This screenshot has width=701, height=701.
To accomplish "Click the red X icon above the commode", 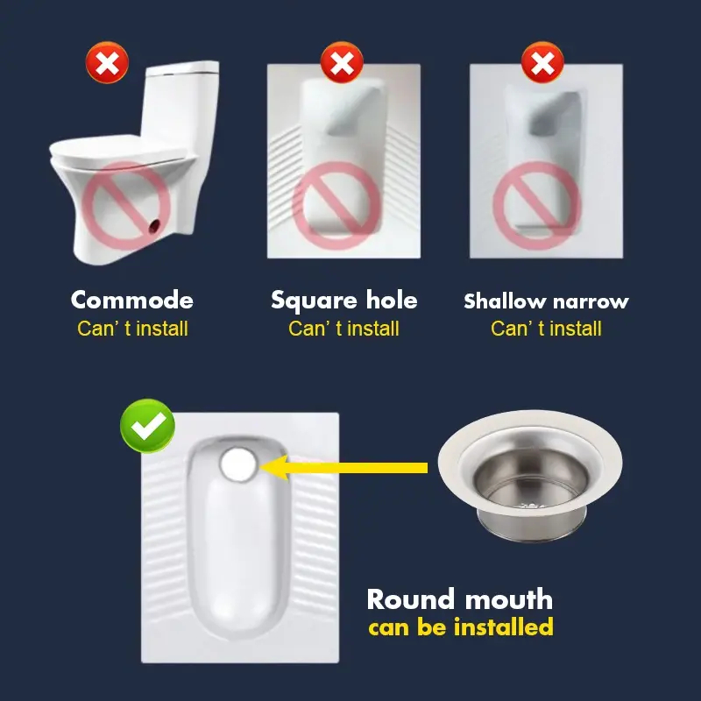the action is (x=107, y=62).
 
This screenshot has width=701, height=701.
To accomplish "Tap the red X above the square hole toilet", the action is (x=342, y=62).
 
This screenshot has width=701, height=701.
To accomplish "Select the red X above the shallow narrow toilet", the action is (x=542, y=62).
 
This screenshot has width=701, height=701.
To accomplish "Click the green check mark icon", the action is (x=147, y=426).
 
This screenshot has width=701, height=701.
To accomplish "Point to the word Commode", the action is (x=132, y=300).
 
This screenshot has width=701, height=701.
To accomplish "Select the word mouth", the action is (x=509, y=599).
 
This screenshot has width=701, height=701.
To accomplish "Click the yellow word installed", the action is (x=504, y=627).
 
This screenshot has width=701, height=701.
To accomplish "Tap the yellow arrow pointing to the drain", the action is (x=343, y=468).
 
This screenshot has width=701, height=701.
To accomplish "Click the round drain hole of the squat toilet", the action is (x=238, y=464).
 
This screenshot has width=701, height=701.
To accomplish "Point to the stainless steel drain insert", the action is (x=530, y=476).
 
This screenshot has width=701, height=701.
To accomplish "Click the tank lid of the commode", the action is (x=182, y=68).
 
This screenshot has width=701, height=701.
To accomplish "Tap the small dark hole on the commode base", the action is (x=155, y=227).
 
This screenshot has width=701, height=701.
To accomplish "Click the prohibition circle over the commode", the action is (x=126, y=206).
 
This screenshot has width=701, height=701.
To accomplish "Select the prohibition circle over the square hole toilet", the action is (x=336, y=206).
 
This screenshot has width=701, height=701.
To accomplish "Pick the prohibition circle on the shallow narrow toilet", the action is (x=537, y=206).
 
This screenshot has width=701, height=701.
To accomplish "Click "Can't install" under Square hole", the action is (x=343, y=329).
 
